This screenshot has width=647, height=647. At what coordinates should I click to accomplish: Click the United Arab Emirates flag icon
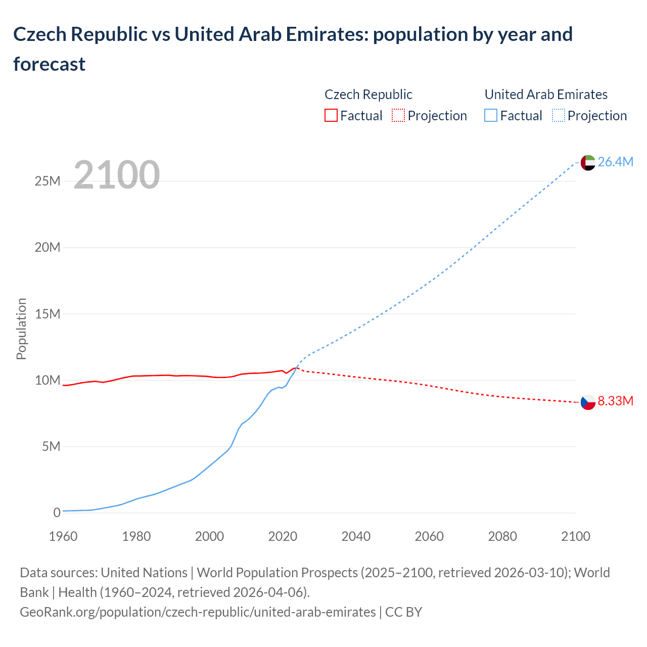pos(588,162)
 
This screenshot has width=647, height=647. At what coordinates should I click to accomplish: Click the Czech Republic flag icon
pos(588,402)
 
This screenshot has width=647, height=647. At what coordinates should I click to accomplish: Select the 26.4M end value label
pos(615,162)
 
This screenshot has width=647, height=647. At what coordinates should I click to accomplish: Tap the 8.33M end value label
pos(615,401)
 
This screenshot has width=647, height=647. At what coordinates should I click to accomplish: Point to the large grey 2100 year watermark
pos(117,175)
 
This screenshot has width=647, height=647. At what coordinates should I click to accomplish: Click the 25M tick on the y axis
pos(48,181)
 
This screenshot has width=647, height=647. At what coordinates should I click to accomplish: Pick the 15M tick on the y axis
pos(48,314)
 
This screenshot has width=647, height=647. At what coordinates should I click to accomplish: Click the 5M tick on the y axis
pos(51,447)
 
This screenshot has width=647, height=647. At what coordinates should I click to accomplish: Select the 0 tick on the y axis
pos(57,513)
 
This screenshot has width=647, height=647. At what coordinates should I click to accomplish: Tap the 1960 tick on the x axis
pos(63,536)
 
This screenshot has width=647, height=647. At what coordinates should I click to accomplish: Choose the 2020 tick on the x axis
pos(283,536)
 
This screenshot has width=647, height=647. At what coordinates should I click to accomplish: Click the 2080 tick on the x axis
pos(502,536)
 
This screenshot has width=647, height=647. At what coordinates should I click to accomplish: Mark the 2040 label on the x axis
pos(356,536)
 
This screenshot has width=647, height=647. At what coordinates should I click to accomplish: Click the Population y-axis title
pos(21,329)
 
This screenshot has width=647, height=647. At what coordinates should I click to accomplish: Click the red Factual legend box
pos(331,116)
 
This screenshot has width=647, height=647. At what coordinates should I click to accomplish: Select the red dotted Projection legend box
pos(398,116)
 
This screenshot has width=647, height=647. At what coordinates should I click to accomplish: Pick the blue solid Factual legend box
pos(491,116)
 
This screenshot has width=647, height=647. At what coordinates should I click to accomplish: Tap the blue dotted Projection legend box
pos(559,116)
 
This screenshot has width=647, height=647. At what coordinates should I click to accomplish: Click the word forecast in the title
pos(50,64)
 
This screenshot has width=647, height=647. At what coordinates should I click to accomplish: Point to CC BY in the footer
pos(403,612)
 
